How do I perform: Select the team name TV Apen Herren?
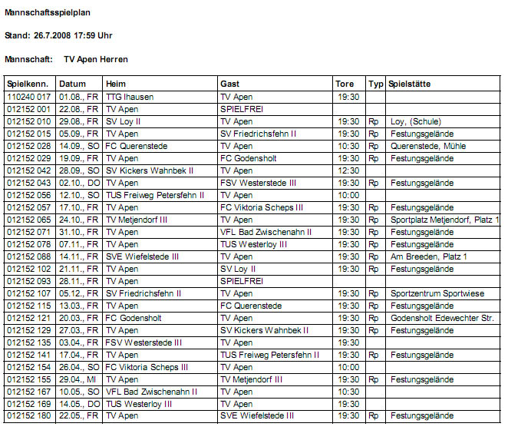coord(96,59)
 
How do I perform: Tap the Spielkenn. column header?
coord(28,84)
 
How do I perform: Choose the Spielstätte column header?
coord(410,84)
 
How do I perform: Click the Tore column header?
coord(345,84)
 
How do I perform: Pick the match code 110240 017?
coord(28,97)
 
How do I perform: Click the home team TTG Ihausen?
coord(129,97)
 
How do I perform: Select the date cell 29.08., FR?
coord(78,121)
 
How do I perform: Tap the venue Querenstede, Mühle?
coord(427,146)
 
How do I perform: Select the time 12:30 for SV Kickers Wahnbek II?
coord(348,170)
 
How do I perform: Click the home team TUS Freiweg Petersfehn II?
coord(154,195)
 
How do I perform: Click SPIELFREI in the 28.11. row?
coord(242,281)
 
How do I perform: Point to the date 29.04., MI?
coord(78,379)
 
